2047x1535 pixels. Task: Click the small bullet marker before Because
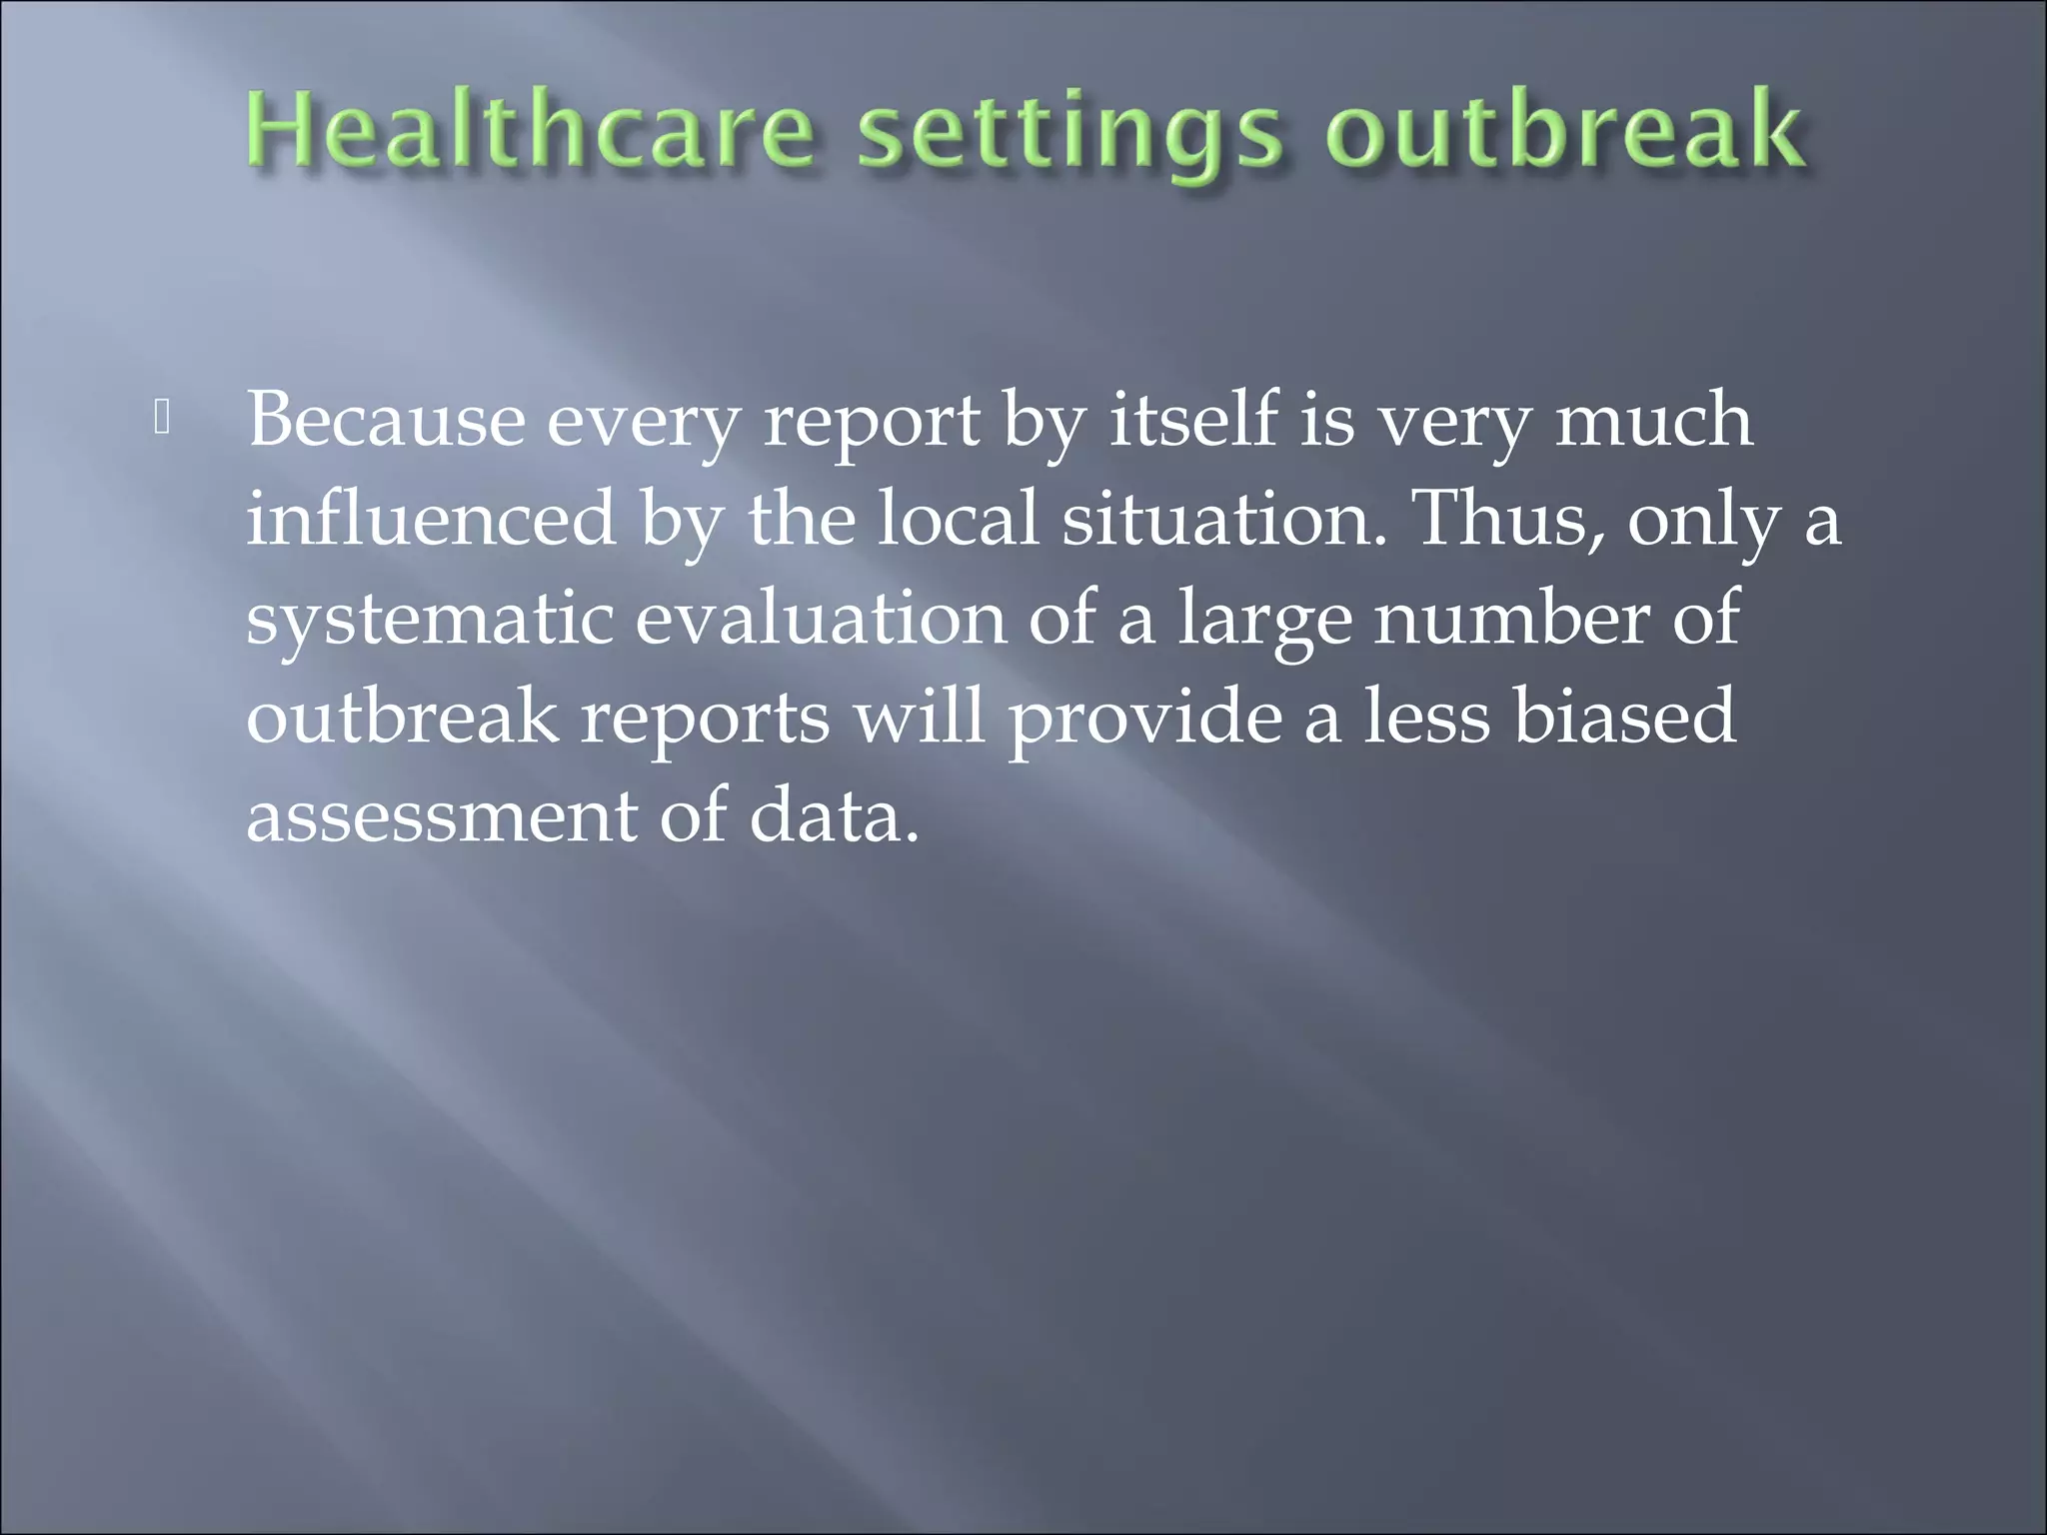point(163,420)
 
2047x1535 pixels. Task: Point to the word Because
point(386,420)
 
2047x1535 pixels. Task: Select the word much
point(1653,420)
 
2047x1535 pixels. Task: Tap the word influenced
point(431,520)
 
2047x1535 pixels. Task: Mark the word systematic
point(430,620)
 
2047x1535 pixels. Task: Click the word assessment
point(441,815)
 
